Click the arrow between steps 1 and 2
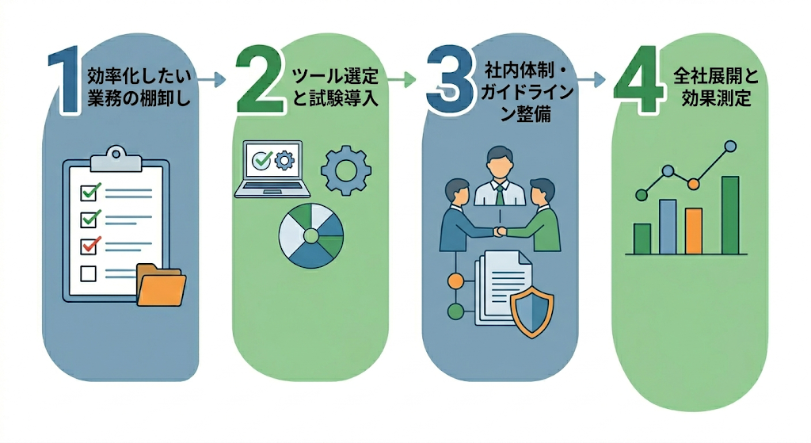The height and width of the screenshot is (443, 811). click(211, 79)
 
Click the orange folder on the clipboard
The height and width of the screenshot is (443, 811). click(161, 285)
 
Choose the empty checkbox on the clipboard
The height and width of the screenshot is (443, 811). click(89, 273)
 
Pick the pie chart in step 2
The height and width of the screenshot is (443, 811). click(311, 235)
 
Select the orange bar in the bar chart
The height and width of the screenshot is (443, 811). click(694, 230)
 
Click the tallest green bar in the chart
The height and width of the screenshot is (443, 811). click(729, 214)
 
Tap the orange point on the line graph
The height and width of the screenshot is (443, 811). click(694, 184)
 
